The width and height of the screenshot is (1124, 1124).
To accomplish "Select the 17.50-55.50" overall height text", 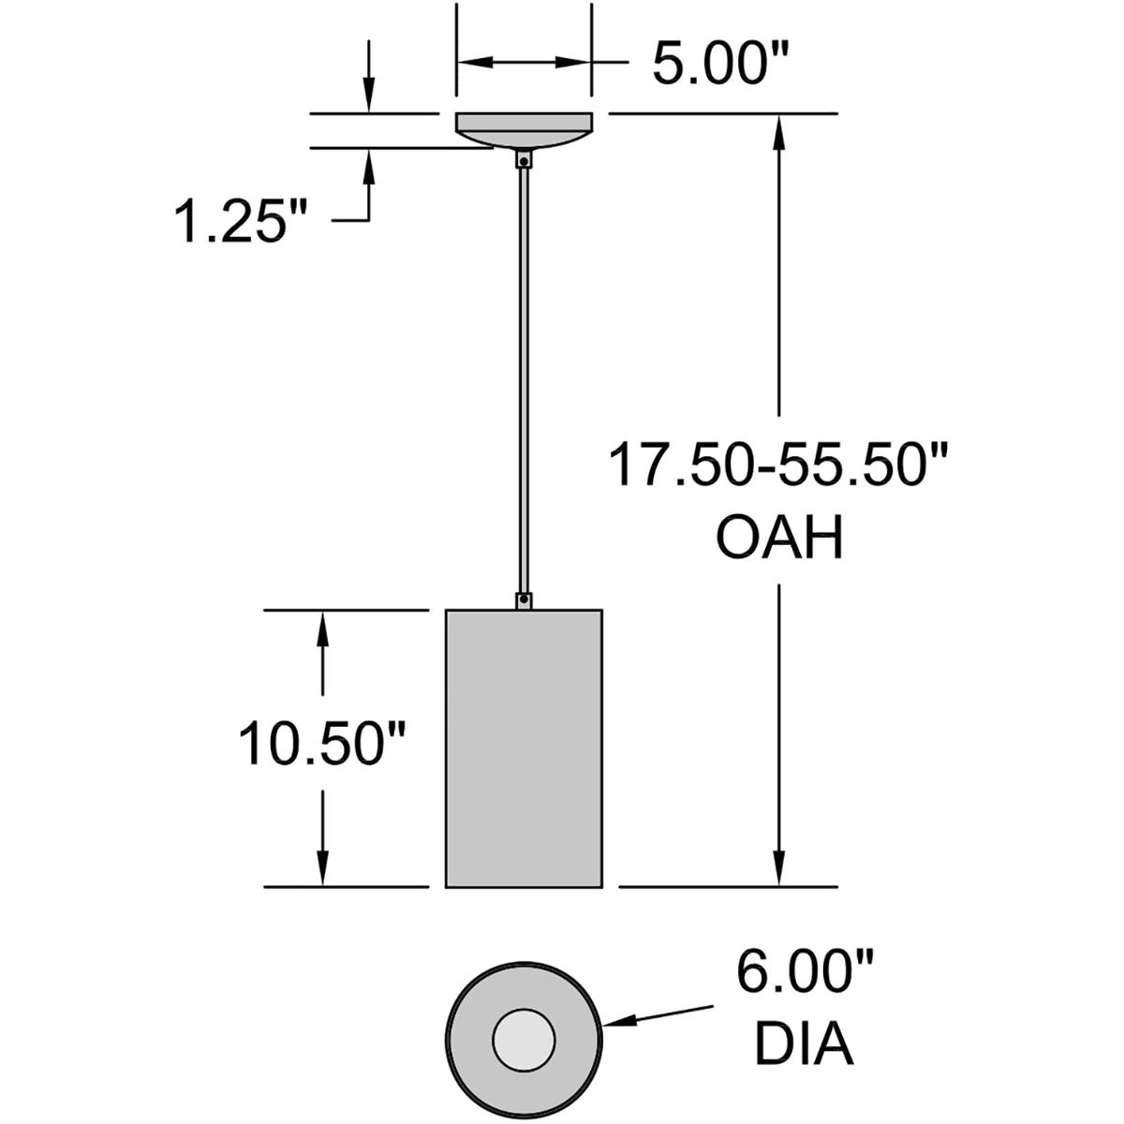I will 779,466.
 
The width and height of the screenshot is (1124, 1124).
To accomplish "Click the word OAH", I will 779,539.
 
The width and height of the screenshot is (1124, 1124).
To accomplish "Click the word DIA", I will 805,1045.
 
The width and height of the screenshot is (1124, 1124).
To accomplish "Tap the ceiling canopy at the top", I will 524,128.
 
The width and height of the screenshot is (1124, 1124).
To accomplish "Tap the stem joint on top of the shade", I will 524,599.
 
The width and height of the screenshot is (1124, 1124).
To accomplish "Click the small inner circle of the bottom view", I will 525,1041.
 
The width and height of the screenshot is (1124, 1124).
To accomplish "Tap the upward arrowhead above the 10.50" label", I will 323,629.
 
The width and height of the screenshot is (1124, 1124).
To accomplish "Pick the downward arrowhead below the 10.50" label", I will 323,867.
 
